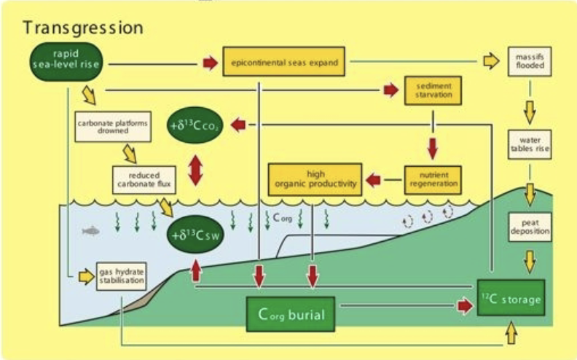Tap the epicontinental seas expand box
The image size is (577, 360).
[283, 62]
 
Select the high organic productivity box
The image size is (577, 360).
[314, 179]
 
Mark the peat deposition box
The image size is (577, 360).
[529, 227]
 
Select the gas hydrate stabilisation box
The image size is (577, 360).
[121, 275]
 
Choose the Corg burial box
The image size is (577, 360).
[290, 314]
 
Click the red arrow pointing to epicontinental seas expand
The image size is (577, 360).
[210, 63]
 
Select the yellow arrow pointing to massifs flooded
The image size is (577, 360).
[492, 62]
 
